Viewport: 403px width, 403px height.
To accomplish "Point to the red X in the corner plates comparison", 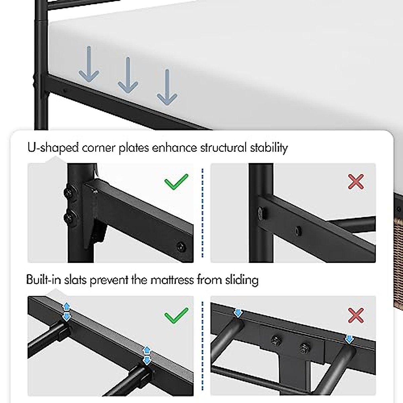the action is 356,182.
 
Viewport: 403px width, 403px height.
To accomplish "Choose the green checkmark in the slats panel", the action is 176,315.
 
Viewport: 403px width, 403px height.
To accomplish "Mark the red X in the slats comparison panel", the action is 356,315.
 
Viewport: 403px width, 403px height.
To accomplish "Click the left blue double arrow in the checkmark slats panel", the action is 66,311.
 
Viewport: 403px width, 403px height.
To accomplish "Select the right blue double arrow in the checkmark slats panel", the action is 147,356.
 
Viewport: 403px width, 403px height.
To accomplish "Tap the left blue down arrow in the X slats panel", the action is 238,313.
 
